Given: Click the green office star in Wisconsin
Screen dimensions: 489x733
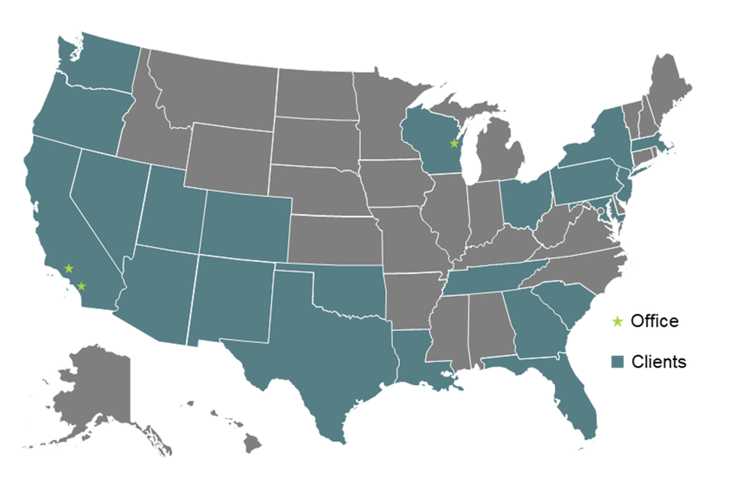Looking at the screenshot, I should coord(454,144).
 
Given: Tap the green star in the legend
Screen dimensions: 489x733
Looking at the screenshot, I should coord(618,322).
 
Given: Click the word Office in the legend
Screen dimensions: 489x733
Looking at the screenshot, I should coord(654,322).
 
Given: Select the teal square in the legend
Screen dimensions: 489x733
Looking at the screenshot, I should coord(618,361).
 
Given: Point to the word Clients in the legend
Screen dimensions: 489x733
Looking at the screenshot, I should coord(658,361).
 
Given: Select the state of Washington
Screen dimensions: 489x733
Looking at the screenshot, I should coord(103,65).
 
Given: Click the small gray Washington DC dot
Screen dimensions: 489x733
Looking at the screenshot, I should coord(600,211).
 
